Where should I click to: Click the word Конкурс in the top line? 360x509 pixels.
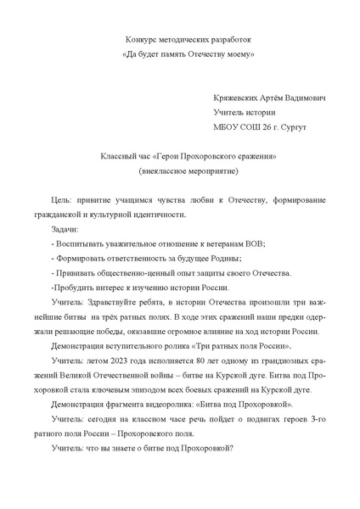pyautogui.click(x=141, y=39)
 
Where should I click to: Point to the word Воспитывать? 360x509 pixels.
pyautogui.click(x=78, y=243)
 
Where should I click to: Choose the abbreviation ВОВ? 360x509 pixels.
pyautogui.click(x=252, y=243)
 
